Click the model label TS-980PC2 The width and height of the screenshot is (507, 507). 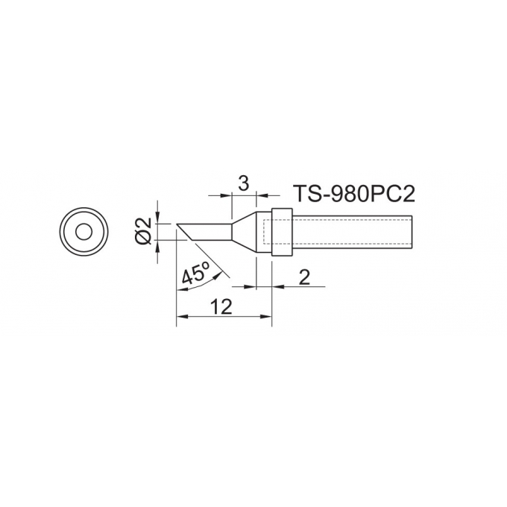[353, 194]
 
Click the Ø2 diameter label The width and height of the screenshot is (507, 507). [144, 231]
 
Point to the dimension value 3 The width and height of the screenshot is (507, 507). [243, 183]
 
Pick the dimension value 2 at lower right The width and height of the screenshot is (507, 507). [304, 277]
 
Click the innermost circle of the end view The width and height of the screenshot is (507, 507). [84, 232]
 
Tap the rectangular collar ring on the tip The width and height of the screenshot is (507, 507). [282, 232]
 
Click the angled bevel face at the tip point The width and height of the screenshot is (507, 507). [185, 232]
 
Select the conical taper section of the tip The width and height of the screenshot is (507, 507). [244, 232]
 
